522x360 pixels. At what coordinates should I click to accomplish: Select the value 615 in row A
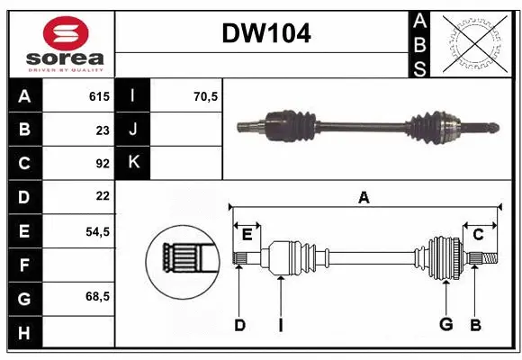[x=99, y=96]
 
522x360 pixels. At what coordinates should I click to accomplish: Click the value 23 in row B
[x=103, y=130]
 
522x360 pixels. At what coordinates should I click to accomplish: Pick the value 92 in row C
[x=103, y=164]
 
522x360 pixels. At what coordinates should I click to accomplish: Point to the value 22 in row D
[x=103, y=196]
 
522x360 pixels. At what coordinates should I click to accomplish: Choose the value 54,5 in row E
[x=97, y=230]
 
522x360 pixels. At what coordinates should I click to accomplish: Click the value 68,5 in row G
[x=97, y=296]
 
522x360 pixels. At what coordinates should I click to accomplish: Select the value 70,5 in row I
[x=206, y=96]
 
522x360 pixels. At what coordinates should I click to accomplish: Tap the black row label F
[x=24, y=264]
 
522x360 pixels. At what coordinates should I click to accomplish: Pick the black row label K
[x=133, y=163]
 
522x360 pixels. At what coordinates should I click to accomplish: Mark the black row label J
[x=133, y=130]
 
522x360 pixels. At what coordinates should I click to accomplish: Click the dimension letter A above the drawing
[x=364, y=198]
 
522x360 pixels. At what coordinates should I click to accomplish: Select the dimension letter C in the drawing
[x=479, y=234]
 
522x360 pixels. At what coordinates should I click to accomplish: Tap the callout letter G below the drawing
[x=445, y=325]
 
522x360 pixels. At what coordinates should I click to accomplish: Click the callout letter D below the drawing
[x=239, y=325]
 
